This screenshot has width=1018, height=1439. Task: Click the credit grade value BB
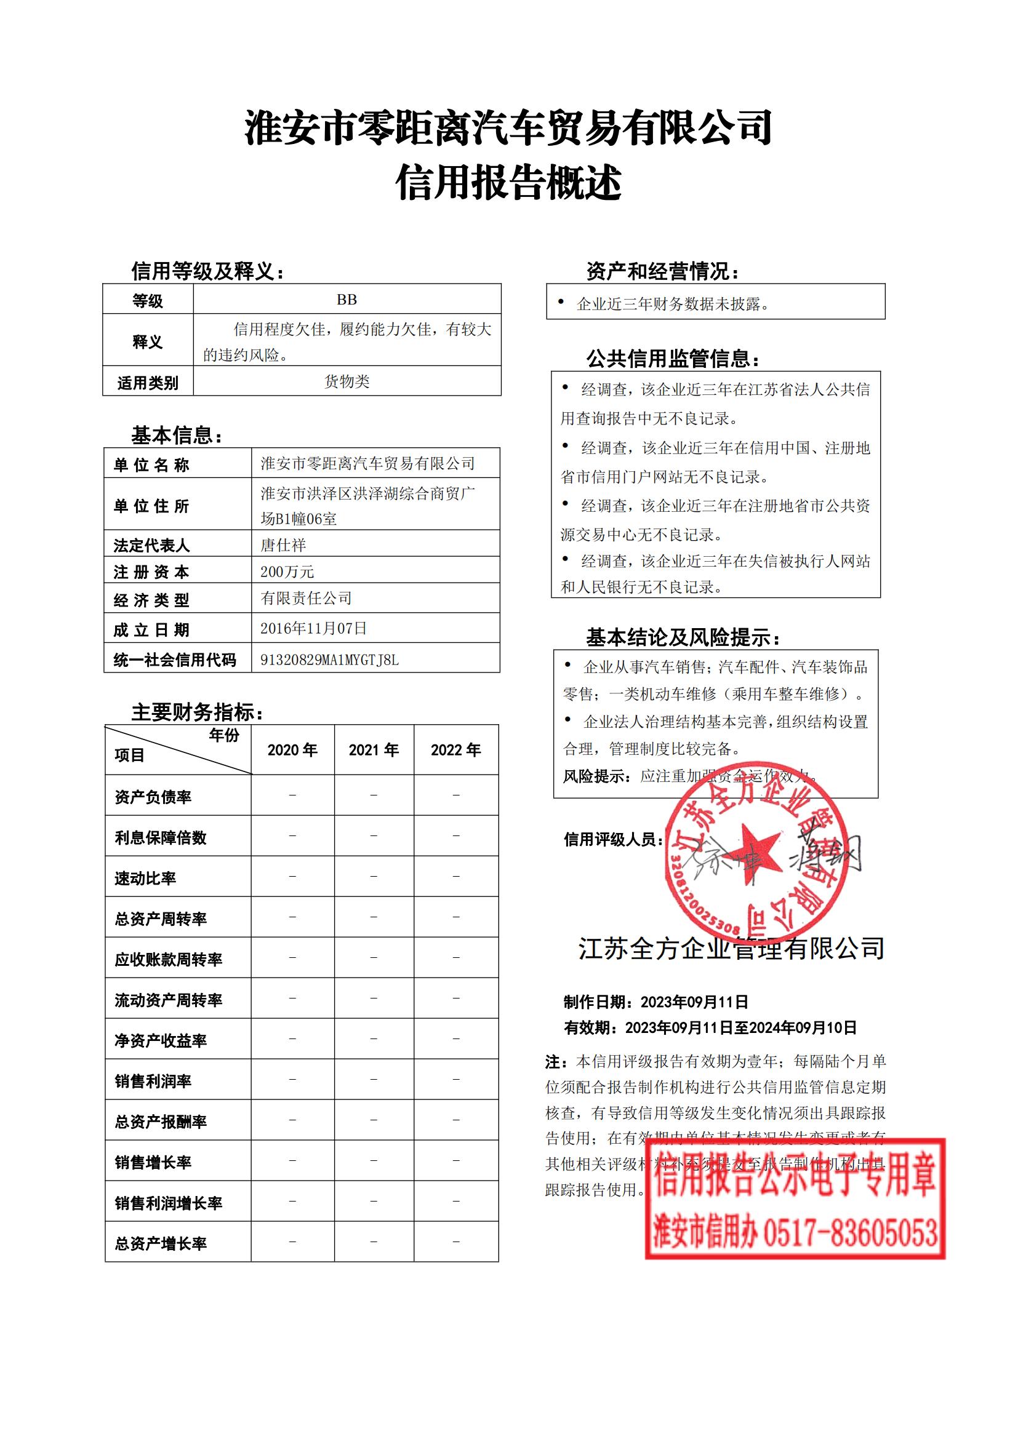347,300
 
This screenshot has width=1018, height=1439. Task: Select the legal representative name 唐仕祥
283,545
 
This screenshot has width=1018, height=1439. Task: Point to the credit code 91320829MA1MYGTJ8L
329,660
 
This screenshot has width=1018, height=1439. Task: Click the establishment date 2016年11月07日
313,629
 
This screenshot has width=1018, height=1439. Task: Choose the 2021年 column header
374,750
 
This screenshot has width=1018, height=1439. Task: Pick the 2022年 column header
455,750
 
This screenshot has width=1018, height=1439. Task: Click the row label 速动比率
145,878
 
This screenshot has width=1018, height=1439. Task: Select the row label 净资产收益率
161,1041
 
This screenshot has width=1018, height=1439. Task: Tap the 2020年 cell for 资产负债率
292,795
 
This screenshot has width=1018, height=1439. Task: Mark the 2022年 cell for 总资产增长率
455,1242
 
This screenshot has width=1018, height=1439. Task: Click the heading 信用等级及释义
207,271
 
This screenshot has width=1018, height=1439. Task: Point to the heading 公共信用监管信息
673,359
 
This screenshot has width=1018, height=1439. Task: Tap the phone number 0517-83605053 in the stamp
849,1233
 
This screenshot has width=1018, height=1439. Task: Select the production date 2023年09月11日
694,1002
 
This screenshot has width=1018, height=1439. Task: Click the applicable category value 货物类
347,381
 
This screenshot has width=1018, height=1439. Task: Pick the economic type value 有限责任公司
306,599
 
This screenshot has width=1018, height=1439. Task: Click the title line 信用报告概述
508,183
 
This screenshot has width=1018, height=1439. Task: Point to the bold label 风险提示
596,776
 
